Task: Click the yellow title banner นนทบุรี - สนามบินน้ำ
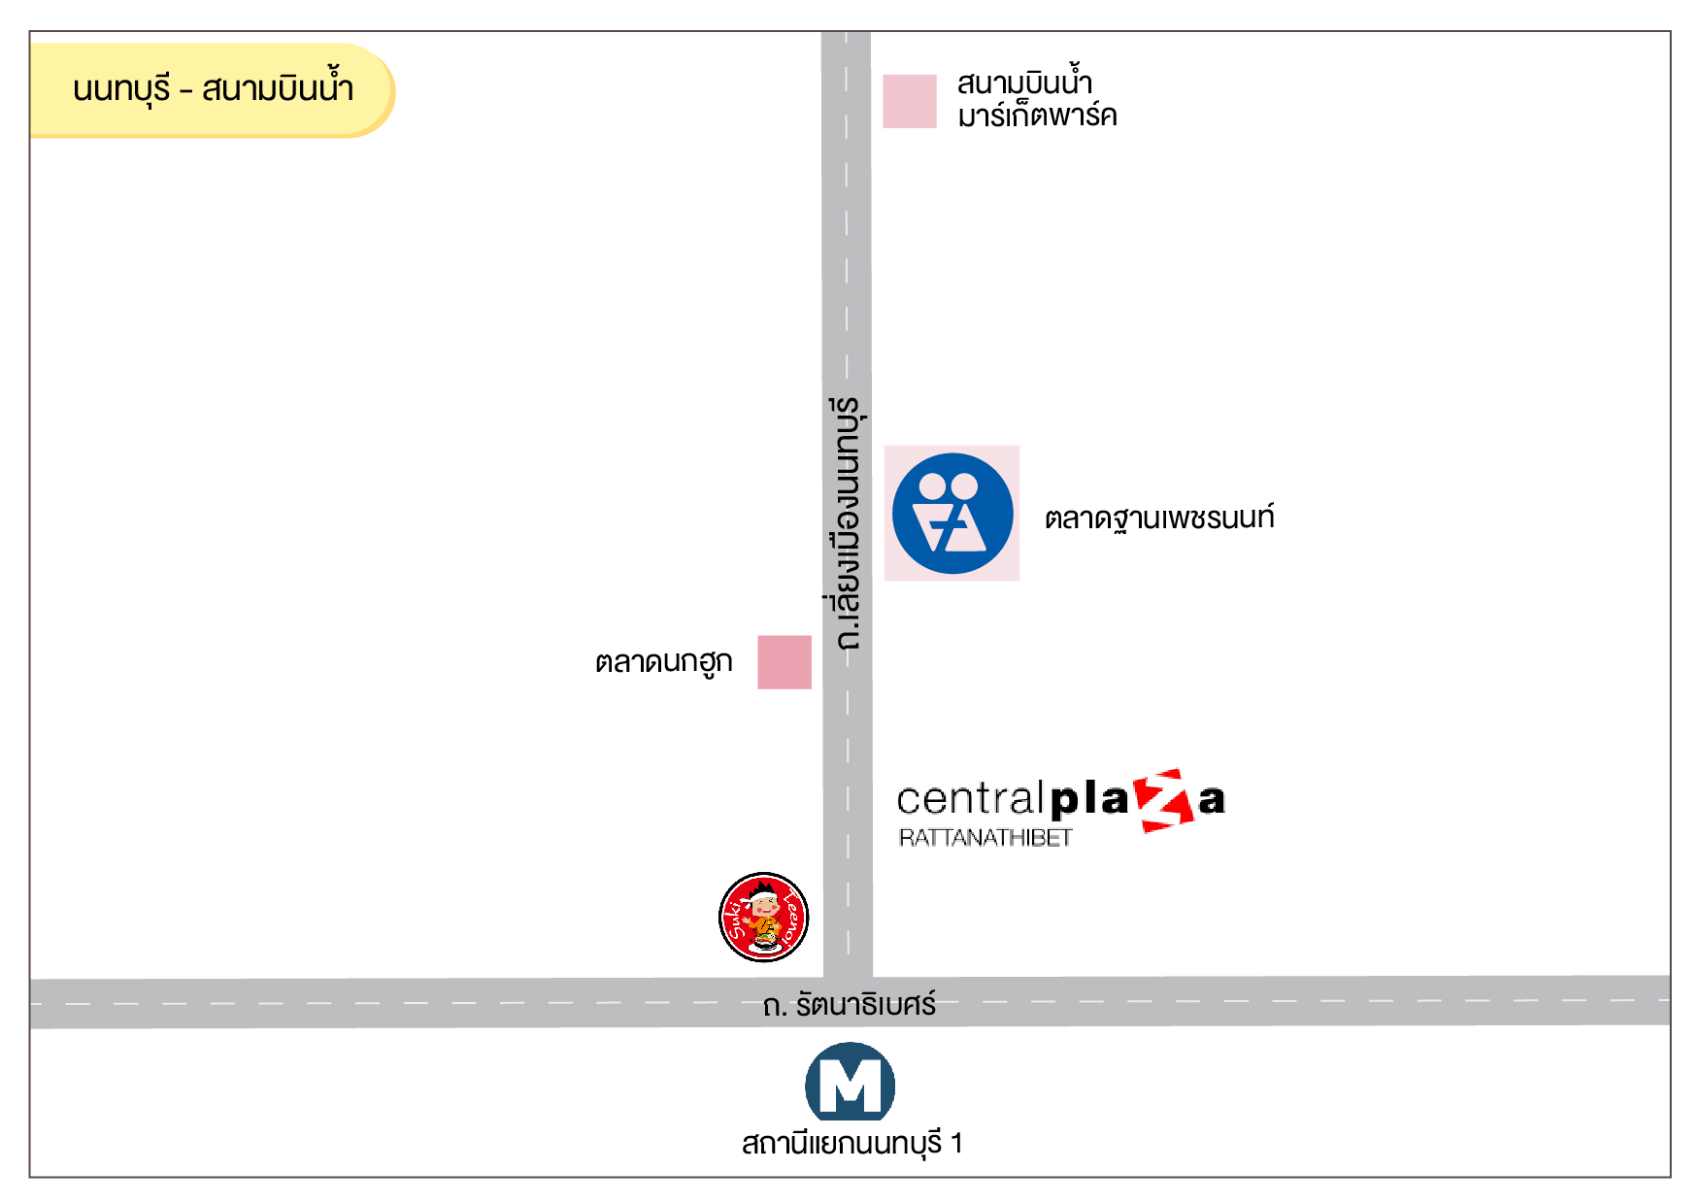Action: click(212, 89)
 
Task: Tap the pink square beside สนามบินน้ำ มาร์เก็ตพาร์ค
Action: click(909, 101)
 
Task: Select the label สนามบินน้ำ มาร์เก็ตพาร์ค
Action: click(1036, 99)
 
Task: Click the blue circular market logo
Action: click(952, 514)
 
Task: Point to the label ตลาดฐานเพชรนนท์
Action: click(1158, 518)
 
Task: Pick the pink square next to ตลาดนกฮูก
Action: click(784, 662)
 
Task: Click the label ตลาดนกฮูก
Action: click(663, 662)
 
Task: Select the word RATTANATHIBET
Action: click(985, 838)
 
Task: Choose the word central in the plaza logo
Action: click(970, 799)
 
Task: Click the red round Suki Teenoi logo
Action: click(763, 918)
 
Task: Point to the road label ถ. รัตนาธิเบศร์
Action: click(849, 1005)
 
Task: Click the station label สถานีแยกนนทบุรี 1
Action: click(851, 1144)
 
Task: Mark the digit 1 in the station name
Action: click(956, 1144)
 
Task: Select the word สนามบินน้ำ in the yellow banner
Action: click(277, 89)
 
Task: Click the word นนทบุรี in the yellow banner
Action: click(121, 89)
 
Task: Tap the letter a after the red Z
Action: click(1211, 801)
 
